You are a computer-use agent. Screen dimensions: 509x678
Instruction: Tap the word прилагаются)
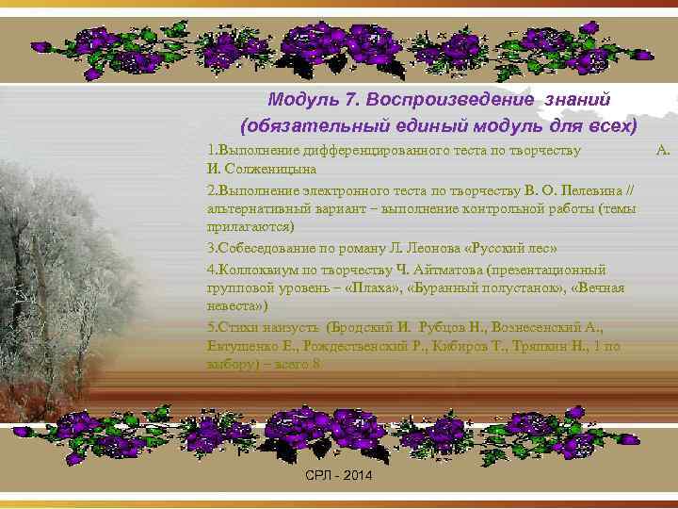click(x=250, y=227)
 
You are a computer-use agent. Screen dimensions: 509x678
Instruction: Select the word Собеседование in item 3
click(x=265, y=248)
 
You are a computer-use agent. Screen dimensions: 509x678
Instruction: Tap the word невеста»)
click(x=237, y=306)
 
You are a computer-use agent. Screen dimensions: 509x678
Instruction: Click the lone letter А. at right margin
click(x=662, y=150)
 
